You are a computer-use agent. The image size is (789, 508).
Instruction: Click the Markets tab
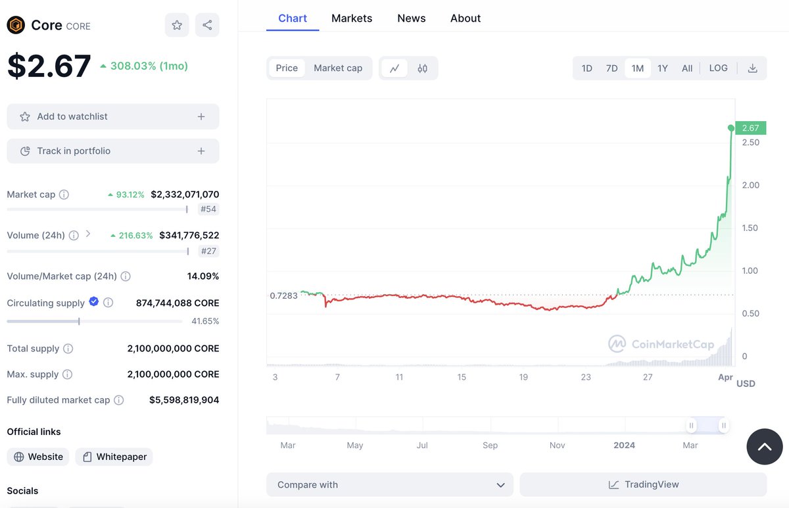[352, 18]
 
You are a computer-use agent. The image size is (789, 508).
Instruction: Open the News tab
[412, 18]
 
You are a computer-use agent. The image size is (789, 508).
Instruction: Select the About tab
[466, 18]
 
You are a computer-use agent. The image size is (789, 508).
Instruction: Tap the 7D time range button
[611, 68]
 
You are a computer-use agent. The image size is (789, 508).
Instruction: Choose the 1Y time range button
[663, 68]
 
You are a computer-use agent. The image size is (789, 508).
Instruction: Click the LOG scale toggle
[718, 68]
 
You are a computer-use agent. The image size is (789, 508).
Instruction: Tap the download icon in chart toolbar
[752, 68]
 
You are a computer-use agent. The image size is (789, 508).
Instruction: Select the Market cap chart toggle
[338, 68]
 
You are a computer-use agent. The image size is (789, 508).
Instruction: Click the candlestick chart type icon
[422, 68]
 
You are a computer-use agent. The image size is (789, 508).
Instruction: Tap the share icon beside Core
[207, 25]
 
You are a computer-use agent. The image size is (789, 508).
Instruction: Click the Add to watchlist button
[113, 116]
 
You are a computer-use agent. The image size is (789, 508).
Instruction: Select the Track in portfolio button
[113, 151]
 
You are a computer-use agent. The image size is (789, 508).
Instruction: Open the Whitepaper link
[114, 457]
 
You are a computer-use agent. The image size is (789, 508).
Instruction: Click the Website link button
[38, 457]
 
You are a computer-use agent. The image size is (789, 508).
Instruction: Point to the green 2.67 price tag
[751, 128]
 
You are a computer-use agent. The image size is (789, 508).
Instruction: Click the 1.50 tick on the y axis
[750, 228]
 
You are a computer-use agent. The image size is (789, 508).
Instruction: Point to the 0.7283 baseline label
[283, 295]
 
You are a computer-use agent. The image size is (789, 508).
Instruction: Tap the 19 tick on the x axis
[523, 377]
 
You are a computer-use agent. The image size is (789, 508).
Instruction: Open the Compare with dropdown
[389, 485]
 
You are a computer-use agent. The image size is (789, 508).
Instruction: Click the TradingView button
[643, 485]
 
